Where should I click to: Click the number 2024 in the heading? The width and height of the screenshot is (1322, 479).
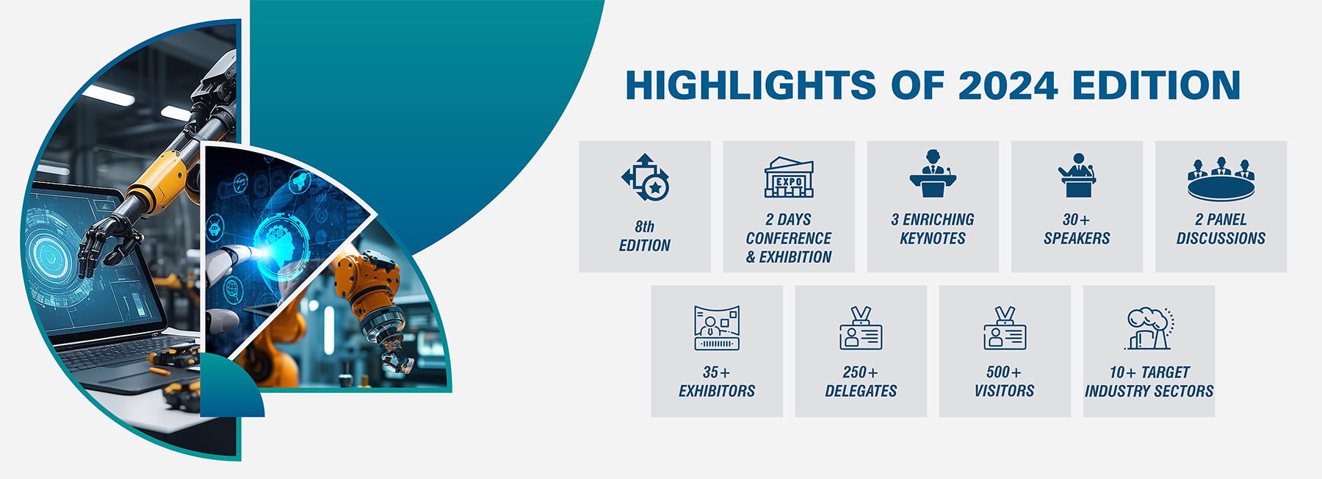1008,85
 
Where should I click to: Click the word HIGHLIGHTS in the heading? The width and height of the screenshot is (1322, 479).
751,85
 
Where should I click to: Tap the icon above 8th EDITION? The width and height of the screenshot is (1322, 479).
645,177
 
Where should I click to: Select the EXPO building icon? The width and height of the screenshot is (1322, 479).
789,177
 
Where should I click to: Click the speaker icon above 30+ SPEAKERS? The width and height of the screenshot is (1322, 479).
1077,175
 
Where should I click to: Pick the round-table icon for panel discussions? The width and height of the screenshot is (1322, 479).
1221,179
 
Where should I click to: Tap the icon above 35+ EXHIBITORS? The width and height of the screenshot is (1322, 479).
717,328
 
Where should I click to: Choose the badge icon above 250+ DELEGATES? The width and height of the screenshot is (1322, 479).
861,328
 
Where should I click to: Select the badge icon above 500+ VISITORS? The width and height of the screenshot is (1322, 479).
1005,328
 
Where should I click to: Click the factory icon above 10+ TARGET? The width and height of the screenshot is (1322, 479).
1149,328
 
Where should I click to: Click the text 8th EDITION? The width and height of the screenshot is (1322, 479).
645,236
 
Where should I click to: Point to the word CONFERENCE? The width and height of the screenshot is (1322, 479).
789,238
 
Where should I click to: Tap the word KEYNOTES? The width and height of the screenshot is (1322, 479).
933,238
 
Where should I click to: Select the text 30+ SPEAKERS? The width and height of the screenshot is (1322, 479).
1077,228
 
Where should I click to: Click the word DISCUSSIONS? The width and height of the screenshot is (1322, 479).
1221,238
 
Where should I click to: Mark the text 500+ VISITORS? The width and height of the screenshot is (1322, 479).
1005,381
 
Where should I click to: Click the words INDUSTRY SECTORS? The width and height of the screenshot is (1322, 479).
1149,391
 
